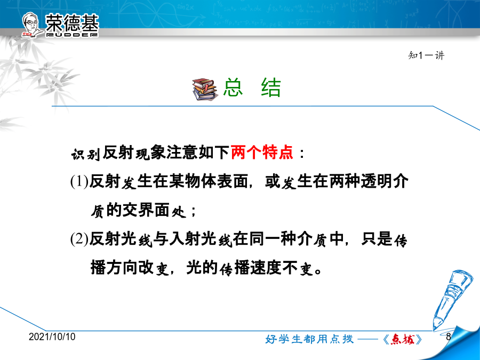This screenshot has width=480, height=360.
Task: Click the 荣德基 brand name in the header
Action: point(72,22)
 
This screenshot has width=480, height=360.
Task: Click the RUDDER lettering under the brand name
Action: point(72,35)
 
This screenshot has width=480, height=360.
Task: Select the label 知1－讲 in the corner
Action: point(426,55)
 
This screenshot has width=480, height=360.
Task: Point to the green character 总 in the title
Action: point(233,87)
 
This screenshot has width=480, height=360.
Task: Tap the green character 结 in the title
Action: point(271,87)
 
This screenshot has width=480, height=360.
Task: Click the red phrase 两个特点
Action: point(262,152)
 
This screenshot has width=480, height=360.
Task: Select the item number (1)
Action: point(79,181)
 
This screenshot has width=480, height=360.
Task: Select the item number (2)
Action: point(79,238)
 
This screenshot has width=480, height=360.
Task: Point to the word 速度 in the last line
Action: point(266,267)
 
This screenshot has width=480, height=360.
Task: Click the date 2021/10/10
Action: point(52,337)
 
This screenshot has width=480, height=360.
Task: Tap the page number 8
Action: point(449,337)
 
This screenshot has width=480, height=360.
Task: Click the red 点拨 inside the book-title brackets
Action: point(403,339)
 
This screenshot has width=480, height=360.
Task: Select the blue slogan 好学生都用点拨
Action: point(309,339)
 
